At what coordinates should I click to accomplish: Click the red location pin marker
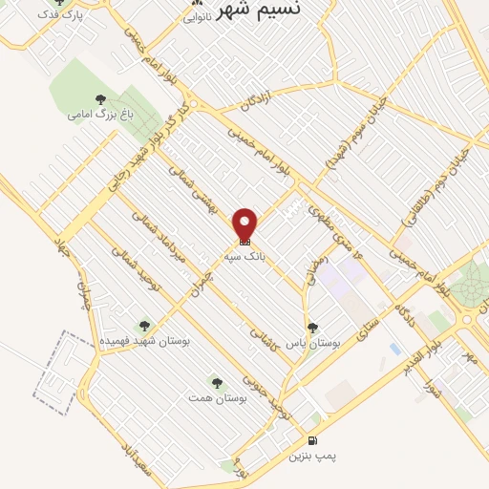[246, 223]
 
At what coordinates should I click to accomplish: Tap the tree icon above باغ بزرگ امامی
[100, 98]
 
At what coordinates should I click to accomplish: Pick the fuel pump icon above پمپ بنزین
[312, 440]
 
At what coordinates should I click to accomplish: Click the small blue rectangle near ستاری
[395, 349]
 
